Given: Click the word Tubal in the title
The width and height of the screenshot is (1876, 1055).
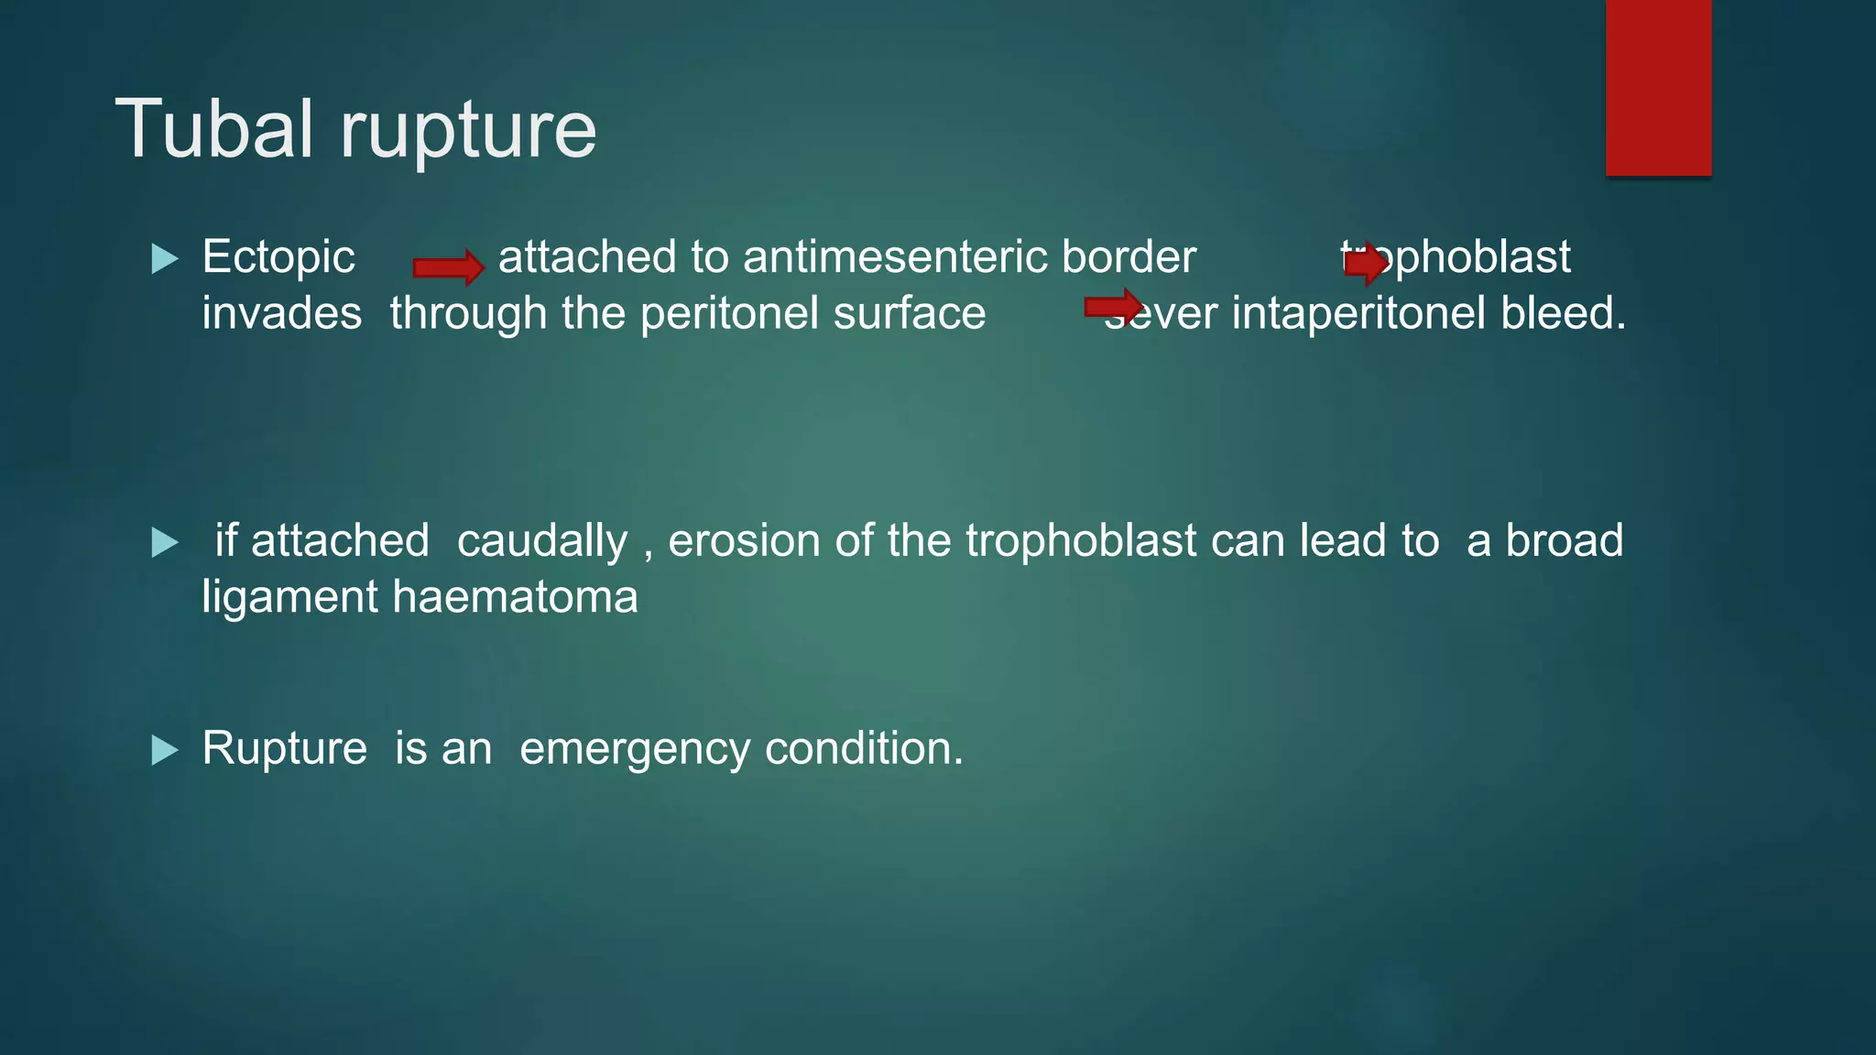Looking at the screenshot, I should coord(214,129).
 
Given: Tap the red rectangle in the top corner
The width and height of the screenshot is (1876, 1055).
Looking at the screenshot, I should coord(1658,87).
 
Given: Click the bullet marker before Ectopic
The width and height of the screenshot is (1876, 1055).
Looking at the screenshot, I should coord(165,258).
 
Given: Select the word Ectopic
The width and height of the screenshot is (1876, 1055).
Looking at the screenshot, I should coord(278,257).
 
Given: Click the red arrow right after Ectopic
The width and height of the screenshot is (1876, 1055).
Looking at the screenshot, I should coord(448,267).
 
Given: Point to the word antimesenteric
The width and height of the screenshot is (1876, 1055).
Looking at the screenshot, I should coord(895,257).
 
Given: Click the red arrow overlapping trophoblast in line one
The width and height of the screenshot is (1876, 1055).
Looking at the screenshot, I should coord(1366,264).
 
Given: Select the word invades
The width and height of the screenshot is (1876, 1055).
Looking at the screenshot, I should coord(281,314).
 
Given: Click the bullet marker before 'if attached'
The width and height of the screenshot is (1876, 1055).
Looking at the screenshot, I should coord(165,542).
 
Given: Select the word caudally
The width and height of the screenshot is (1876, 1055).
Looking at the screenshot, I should coord(542,541).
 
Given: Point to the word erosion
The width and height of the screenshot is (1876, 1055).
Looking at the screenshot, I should coord(743,541).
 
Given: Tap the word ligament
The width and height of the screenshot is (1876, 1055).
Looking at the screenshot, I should coord(289,598).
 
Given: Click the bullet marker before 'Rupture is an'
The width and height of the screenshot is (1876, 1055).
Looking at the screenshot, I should coord(165,750).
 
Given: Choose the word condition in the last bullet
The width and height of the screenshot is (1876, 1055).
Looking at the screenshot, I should coord(863,749).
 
